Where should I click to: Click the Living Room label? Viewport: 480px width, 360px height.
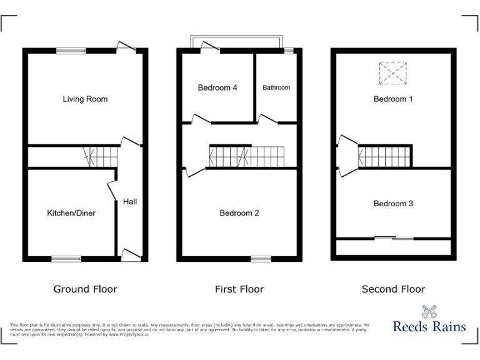85,99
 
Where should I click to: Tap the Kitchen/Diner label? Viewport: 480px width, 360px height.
71,213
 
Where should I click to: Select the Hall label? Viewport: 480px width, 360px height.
130,201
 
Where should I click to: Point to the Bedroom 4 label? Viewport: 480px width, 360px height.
217,87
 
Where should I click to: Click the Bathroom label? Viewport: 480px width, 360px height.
276,87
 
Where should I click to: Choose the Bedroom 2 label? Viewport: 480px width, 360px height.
239,213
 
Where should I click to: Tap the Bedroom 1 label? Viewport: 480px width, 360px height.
393,99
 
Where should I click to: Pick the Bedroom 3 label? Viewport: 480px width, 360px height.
393,203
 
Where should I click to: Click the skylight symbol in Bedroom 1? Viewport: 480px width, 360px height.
393,73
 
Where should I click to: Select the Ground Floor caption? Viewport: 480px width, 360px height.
85,289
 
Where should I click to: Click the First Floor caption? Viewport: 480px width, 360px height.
239,289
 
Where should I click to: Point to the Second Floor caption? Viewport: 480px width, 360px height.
393,289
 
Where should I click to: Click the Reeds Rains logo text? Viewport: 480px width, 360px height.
429,326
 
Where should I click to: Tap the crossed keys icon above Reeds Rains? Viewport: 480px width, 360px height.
429,311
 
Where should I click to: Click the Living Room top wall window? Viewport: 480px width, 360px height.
71,51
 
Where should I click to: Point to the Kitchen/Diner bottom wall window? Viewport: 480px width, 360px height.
66,258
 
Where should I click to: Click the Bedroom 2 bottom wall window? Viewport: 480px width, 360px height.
261,258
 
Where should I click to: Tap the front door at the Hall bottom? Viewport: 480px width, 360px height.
130,254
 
